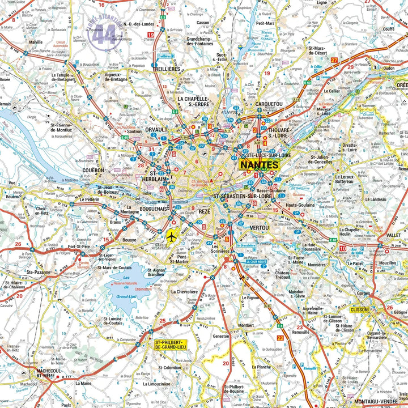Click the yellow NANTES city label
[x=260, y=165]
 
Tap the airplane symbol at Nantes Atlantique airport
[x=172, y=235]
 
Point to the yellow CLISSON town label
[x=359, y=310]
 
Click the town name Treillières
[x=166, y=69]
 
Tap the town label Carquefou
[x=261, y=104]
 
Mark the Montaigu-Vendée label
[x=381, y=401]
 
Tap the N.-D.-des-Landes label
[x=133, y=24]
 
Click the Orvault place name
[x=156, y=130]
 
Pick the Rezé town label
[x=205, y=211]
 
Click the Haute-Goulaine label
[x=300, y=205]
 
